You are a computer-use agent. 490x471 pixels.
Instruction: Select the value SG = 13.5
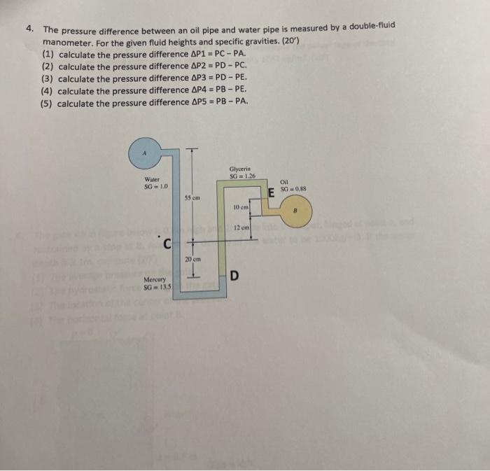[155, 287]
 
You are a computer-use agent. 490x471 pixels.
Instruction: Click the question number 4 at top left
[29, 29]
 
